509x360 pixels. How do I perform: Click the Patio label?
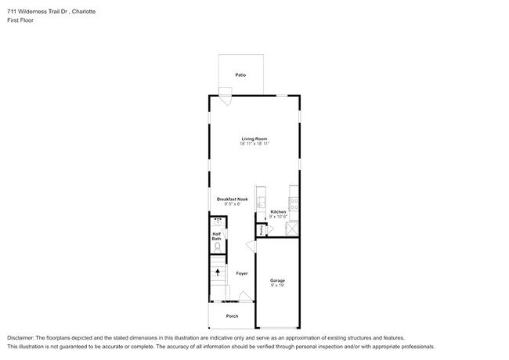(x=240, y=75)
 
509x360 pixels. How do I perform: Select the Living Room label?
(x=254, y=139)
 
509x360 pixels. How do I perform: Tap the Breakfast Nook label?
(x=233, y=200)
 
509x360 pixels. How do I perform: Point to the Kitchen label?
(x=278, y=211)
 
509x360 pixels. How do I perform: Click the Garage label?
(x=277, y=280)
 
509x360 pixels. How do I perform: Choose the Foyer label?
(x=242, y=273)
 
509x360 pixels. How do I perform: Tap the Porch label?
(x=232, y=316)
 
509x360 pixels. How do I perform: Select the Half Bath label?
(x=216, y=236)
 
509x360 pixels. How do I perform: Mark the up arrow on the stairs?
(x=217, y=272)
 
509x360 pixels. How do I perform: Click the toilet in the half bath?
(x=217, y=247)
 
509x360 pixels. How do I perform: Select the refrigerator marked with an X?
(x=293, y=229)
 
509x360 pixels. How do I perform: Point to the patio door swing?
(x=225, y=99)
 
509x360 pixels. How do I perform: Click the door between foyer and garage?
(x=251, y=247)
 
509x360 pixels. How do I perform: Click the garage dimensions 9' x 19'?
(x=277, y=286)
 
